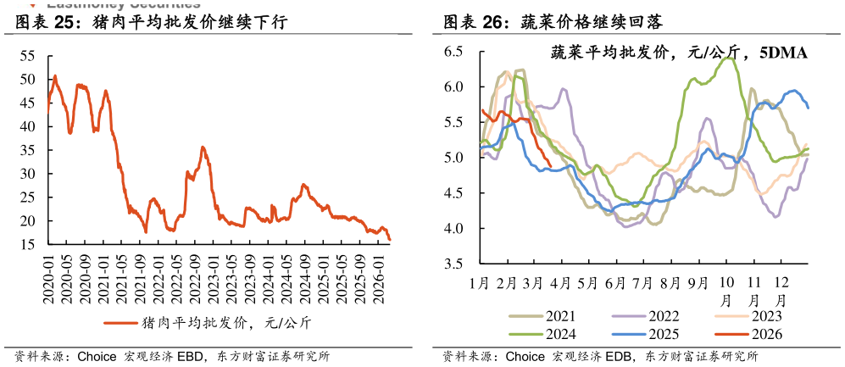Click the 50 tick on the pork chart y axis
pos(28,79)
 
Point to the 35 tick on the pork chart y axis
pos(28,150)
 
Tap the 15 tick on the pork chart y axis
pos(28,245)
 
